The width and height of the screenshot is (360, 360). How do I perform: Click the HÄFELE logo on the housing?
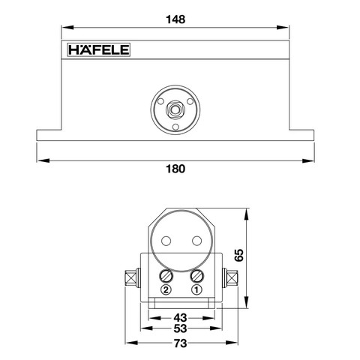coord(99,50)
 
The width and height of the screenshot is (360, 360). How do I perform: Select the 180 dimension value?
coord(175,169)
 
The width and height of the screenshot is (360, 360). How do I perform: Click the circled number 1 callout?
coord(197,289)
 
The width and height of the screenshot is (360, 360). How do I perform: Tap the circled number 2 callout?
coord(166,289)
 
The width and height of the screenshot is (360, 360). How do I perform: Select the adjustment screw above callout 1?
coord(197,275)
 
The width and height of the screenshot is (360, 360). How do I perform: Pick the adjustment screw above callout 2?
coord(166,275)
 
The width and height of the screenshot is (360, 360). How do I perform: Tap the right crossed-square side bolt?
coord(232,280)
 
